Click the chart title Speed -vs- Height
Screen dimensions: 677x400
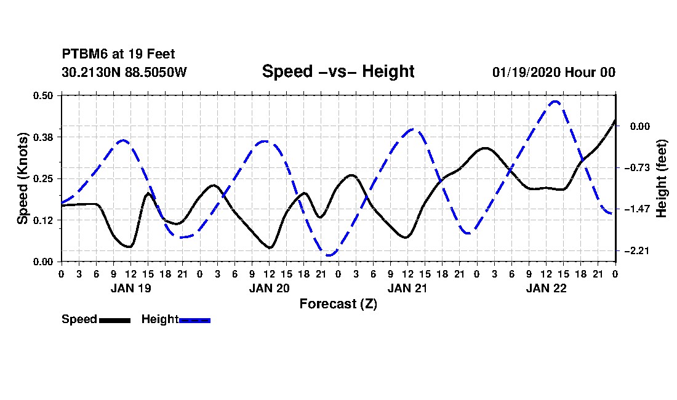coord(338,71)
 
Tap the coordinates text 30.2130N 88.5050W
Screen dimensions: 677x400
coord(124,72)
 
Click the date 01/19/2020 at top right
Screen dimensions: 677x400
coord(526,72)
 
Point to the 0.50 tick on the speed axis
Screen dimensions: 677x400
coord(42,95)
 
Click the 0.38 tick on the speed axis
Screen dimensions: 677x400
coord(42,137)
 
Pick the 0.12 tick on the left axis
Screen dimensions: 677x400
coord(42,220)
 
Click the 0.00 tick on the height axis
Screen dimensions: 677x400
coord(639,126)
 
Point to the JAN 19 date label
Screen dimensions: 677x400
coord(131,288)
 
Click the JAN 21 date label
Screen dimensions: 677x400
coord(407,288)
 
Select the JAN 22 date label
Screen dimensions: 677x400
coord(546,288)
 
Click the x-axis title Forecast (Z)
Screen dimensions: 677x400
coord(338,304)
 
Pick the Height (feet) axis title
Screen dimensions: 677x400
coord(661,178)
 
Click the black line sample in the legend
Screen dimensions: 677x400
coord(114,320)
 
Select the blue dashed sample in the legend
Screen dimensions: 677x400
coord(194,320)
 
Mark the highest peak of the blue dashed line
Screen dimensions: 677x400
coord(555,102)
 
